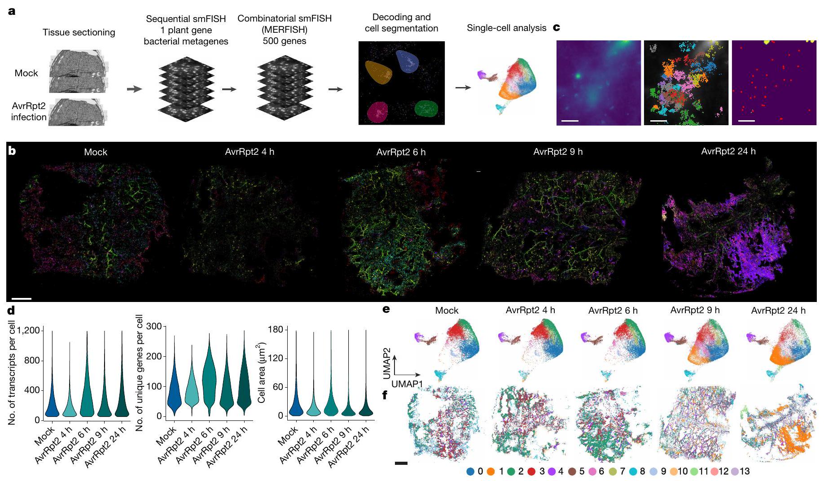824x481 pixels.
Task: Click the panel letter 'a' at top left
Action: point(12,11)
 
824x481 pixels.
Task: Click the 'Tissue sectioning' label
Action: point(79,32)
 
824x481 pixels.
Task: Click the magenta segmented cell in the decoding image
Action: point(377,112)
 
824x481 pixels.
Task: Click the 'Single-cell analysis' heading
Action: point(506,28)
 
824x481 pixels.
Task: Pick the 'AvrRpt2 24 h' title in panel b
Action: point(728,151)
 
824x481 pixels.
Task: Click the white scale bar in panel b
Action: point(22,298)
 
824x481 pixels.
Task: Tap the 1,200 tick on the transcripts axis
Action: point(30,331)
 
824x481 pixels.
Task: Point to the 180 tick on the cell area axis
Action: point(275,330)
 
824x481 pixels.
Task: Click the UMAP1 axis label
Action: point(407,384)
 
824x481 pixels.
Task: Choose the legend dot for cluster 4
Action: point(552,472)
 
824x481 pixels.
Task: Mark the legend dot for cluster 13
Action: point(734,472)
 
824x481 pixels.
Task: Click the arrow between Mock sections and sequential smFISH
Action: point(134,89)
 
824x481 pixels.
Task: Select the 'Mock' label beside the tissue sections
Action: point(26,73)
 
